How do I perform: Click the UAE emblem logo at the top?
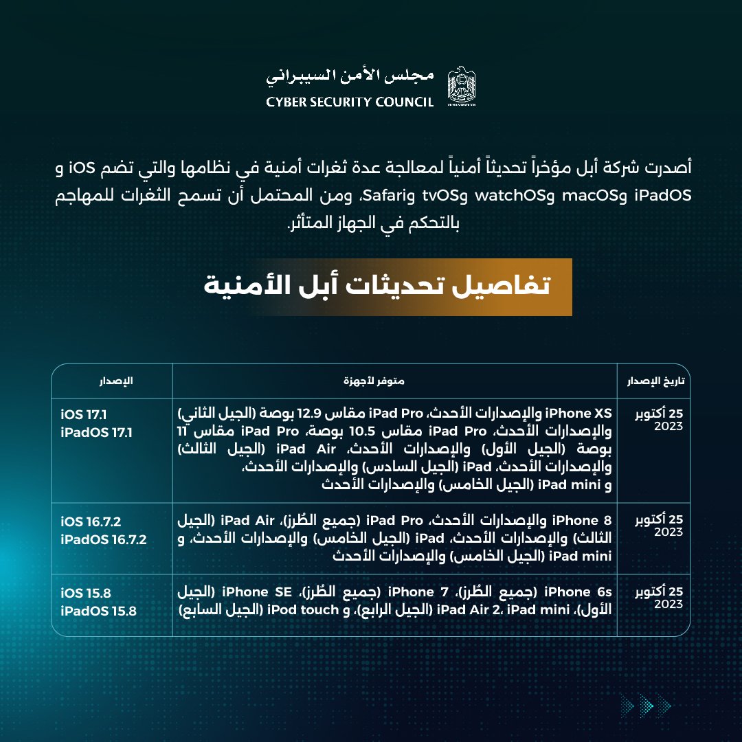pyautogui.click(x=460, y=87)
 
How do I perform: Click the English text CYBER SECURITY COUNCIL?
pyautogui.click(x=350, y=102)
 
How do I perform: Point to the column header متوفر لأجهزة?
pyautogui.click(x=394, y=380)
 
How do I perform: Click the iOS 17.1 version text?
pyautogui.click(x=83, y=415)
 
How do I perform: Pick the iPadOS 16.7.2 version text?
pyautogui.click(x=103, y=539)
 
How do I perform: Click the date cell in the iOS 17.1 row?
pyautogui.click(x=659, y=420)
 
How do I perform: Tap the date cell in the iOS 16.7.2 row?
pyautogui.click(x=659, y=526)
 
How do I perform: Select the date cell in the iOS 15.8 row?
pyautogui.click(x=659, y=598)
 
